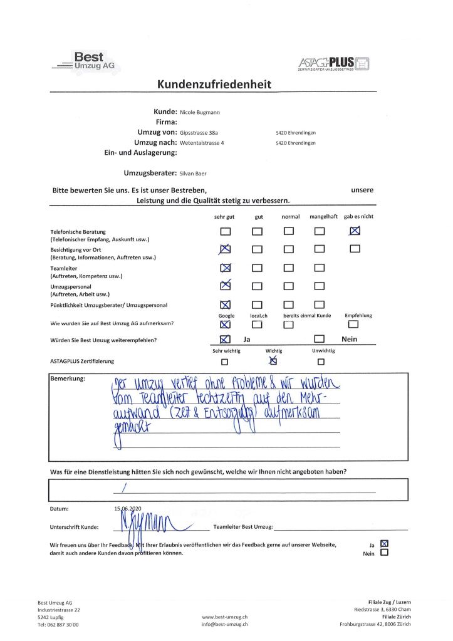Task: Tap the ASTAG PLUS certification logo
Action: tap(335, 63)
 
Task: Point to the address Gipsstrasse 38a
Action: tap(199, 133)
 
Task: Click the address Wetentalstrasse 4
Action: tap(202, 143)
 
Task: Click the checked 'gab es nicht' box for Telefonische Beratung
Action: tap(355, 230)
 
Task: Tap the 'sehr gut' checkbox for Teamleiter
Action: tap(226, 268)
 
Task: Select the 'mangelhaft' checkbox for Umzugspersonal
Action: tap(320, 286)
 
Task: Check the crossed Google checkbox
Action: tap(226, 324)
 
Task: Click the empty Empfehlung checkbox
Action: tap(354, 324)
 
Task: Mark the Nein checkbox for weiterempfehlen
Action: tap(320, 339)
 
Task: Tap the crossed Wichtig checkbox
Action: tap(273, 361)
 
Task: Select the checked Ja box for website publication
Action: tap(384, 543)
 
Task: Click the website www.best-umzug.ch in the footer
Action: tap(225, 616)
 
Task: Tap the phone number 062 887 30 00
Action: tap(58, 624)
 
